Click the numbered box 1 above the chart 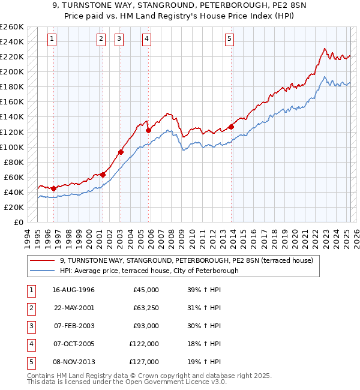53,40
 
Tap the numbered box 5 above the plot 230,40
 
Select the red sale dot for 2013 231,127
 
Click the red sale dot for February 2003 121,152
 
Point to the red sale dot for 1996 54,188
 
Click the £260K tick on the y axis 11,27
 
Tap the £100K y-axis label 11,147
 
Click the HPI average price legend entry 149,271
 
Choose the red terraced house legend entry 186,260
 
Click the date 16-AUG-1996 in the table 74,290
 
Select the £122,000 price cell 144,344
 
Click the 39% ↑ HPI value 204,290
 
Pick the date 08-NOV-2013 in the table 74,362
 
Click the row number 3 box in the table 30,326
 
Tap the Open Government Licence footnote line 127,382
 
